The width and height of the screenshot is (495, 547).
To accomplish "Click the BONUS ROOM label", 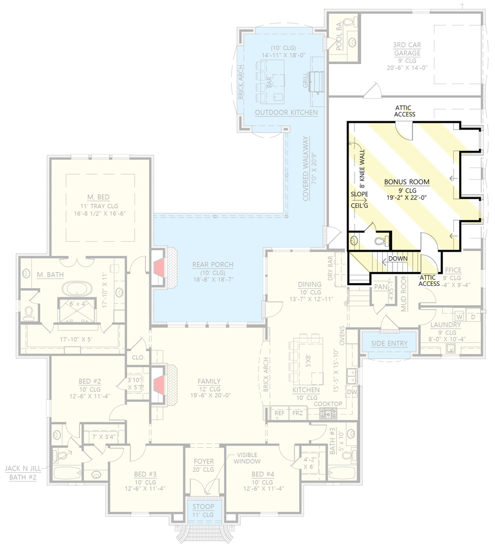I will pyautogui.click(x=406, y=182).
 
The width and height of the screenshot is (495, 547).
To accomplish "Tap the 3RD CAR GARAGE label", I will pyautogui.click(x=406, y=49).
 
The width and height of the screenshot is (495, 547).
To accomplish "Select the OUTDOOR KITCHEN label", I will pyautogui.click(x=286, y=112).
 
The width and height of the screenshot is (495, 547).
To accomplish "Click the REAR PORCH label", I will pyautogui.click(x=213, y=265).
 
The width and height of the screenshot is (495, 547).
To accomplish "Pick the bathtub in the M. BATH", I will pyautogui.click(x=74, y=289).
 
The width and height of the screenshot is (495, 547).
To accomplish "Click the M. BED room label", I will pyautogui.click(x=101, y=196).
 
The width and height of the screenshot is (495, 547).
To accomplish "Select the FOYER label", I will pyautogui.click(x=203, y=461).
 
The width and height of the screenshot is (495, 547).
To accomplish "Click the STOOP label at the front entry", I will pyautogui.click(x=203, y=506).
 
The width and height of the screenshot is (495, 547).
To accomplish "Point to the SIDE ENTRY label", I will pyautogui.click(x=389, y=343).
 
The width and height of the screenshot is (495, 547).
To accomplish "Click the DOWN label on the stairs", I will pyautogui.click(x=398, y=258).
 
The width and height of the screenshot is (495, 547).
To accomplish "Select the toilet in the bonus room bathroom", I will pyautogui.click(x=380, y=241).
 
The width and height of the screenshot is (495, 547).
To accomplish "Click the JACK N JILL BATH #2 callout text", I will pyautogui.click(x=21, y=473).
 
